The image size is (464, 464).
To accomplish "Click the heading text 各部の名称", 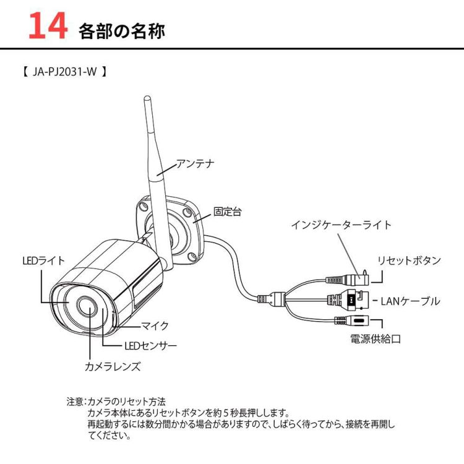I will tap(122, 31).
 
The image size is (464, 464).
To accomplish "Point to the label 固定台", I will tap(227, 212).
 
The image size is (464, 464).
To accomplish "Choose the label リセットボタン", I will tap(409, 260).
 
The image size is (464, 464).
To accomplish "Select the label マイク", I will tap(155, 325).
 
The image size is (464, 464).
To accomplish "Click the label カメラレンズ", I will tap(113, 366).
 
